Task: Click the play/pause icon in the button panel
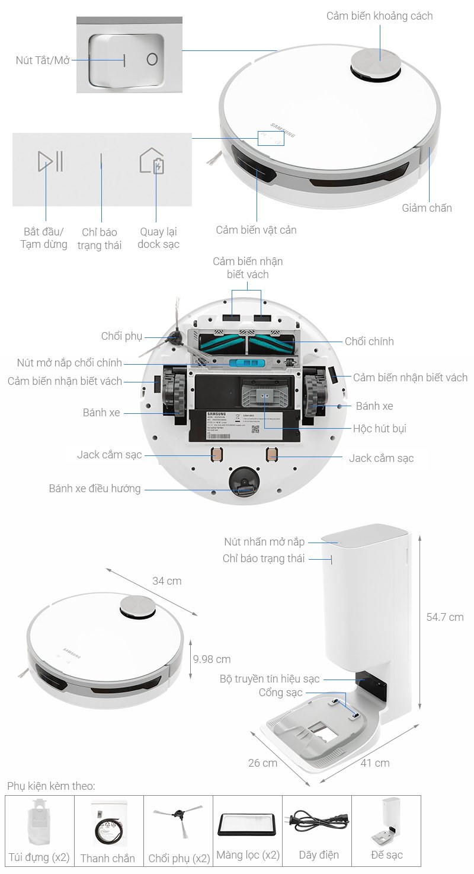click(x=50, y=161)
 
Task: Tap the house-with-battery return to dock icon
click(x=152, y=161)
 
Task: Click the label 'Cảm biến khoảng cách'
click(x=379, y=16)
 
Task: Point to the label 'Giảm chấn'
click(x=427, y=208)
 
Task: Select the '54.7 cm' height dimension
click(x=444, y=617)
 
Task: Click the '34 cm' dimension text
click(x=166, y=580)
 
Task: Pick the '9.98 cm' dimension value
click(x=212, y=659)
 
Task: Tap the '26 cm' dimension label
click(x=262, y=763)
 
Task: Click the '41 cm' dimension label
click(x=375, y=763)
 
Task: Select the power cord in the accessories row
click(x=318, y=824)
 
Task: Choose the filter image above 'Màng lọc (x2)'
click(x=248, y=824)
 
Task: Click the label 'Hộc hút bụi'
click(x=379, y=428)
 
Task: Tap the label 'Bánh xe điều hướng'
click(x=95, y=489)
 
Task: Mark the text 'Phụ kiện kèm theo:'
click(x=51, y=786)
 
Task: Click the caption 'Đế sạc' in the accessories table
click(x=386, y=856)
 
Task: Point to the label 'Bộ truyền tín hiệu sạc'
click(x=270, y=679)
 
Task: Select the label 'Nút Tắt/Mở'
click(x=43, y=60)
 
